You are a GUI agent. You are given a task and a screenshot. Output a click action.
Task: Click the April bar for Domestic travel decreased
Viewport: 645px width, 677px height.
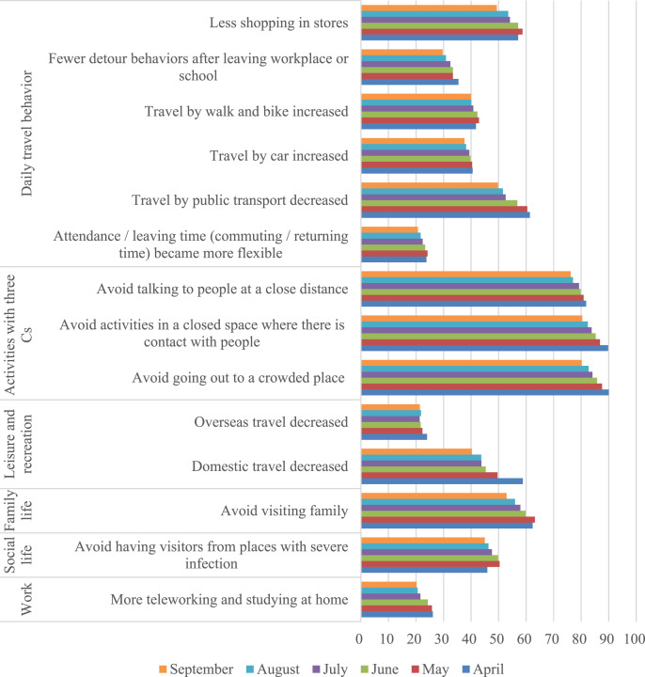click(442, 481)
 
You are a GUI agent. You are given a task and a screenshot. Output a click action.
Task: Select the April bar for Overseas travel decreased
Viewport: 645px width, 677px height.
click(394, 436)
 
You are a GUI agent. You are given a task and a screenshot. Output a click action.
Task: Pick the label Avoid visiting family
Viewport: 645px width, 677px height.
click(284, 512)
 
